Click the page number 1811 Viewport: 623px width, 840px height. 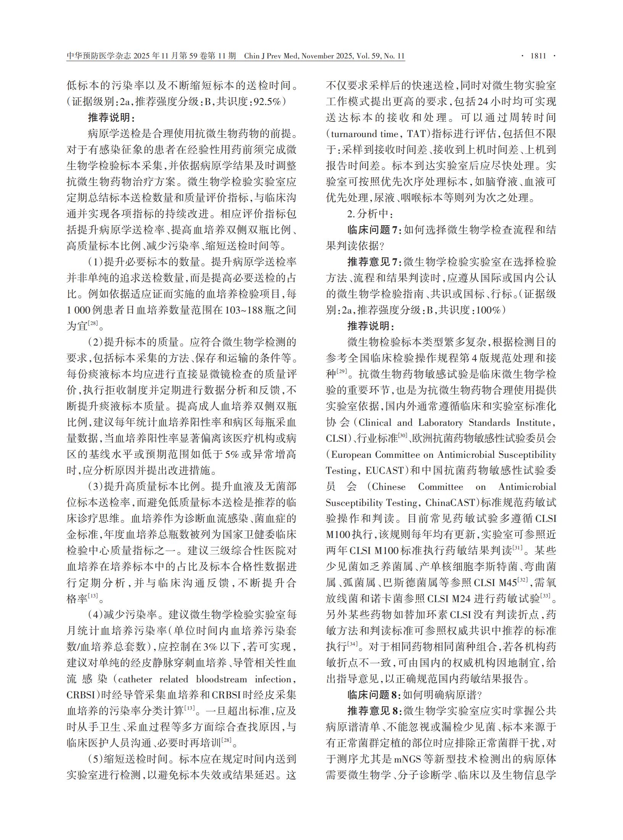[538, 56]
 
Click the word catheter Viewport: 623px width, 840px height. [135, 679]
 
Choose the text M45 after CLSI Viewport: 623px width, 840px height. [507, 583]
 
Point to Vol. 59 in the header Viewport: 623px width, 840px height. [369, 56]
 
